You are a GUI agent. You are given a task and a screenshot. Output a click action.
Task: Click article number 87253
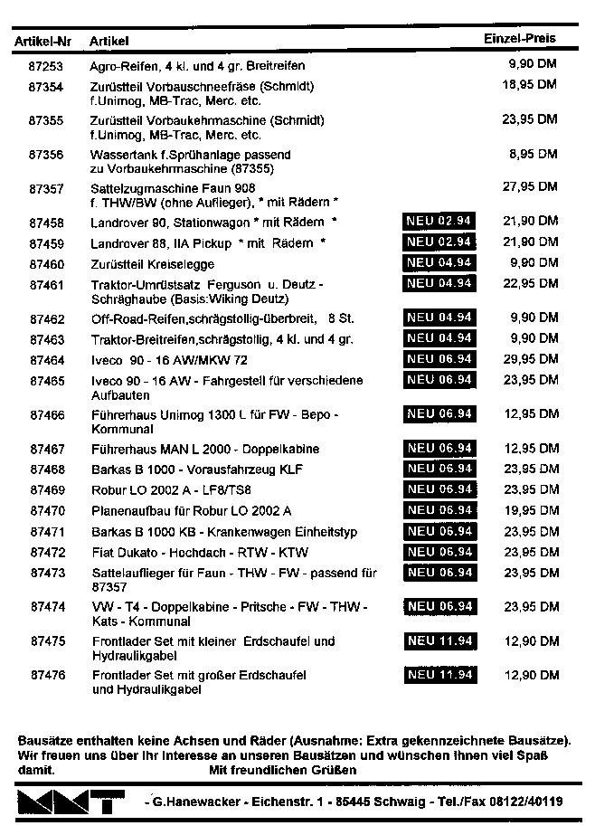click(x=46, y=66)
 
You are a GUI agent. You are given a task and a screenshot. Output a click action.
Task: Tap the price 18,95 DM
click(x=529, y=84)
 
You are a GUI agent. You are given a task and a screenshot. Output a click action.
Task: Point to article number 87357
click(x=46, y=188)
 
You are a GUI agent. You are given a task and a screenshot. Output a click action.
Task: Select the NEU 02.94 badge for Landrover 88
click(x=439, y=242)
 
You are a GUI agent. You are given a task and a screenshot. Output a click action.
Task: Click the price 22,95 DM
click(x=529, y=284)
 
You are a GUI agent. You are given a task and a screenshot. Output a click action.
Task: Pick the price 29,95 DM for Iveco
click(x=529, y=360)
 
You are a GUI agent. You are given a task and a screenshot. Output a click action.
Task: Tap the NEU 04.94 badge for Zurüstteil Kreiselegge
click(x=439, y=263)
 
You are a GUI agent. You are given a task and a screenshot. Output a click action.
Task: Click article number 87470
click(x=47, y=510)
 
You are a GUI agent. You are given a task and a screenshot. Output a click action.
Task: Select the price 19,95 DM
click(x=530, y=510)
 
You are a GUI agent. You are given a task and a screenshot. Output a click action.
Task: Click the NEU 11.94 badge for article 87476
click(x=439, y=676)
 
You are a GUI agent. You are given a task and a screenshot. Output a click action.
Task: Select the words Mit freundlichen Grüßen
click(x=282, y=770)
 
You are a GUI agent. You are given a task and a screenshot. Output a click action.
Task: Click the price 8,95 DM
click(x=532, y=154)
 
